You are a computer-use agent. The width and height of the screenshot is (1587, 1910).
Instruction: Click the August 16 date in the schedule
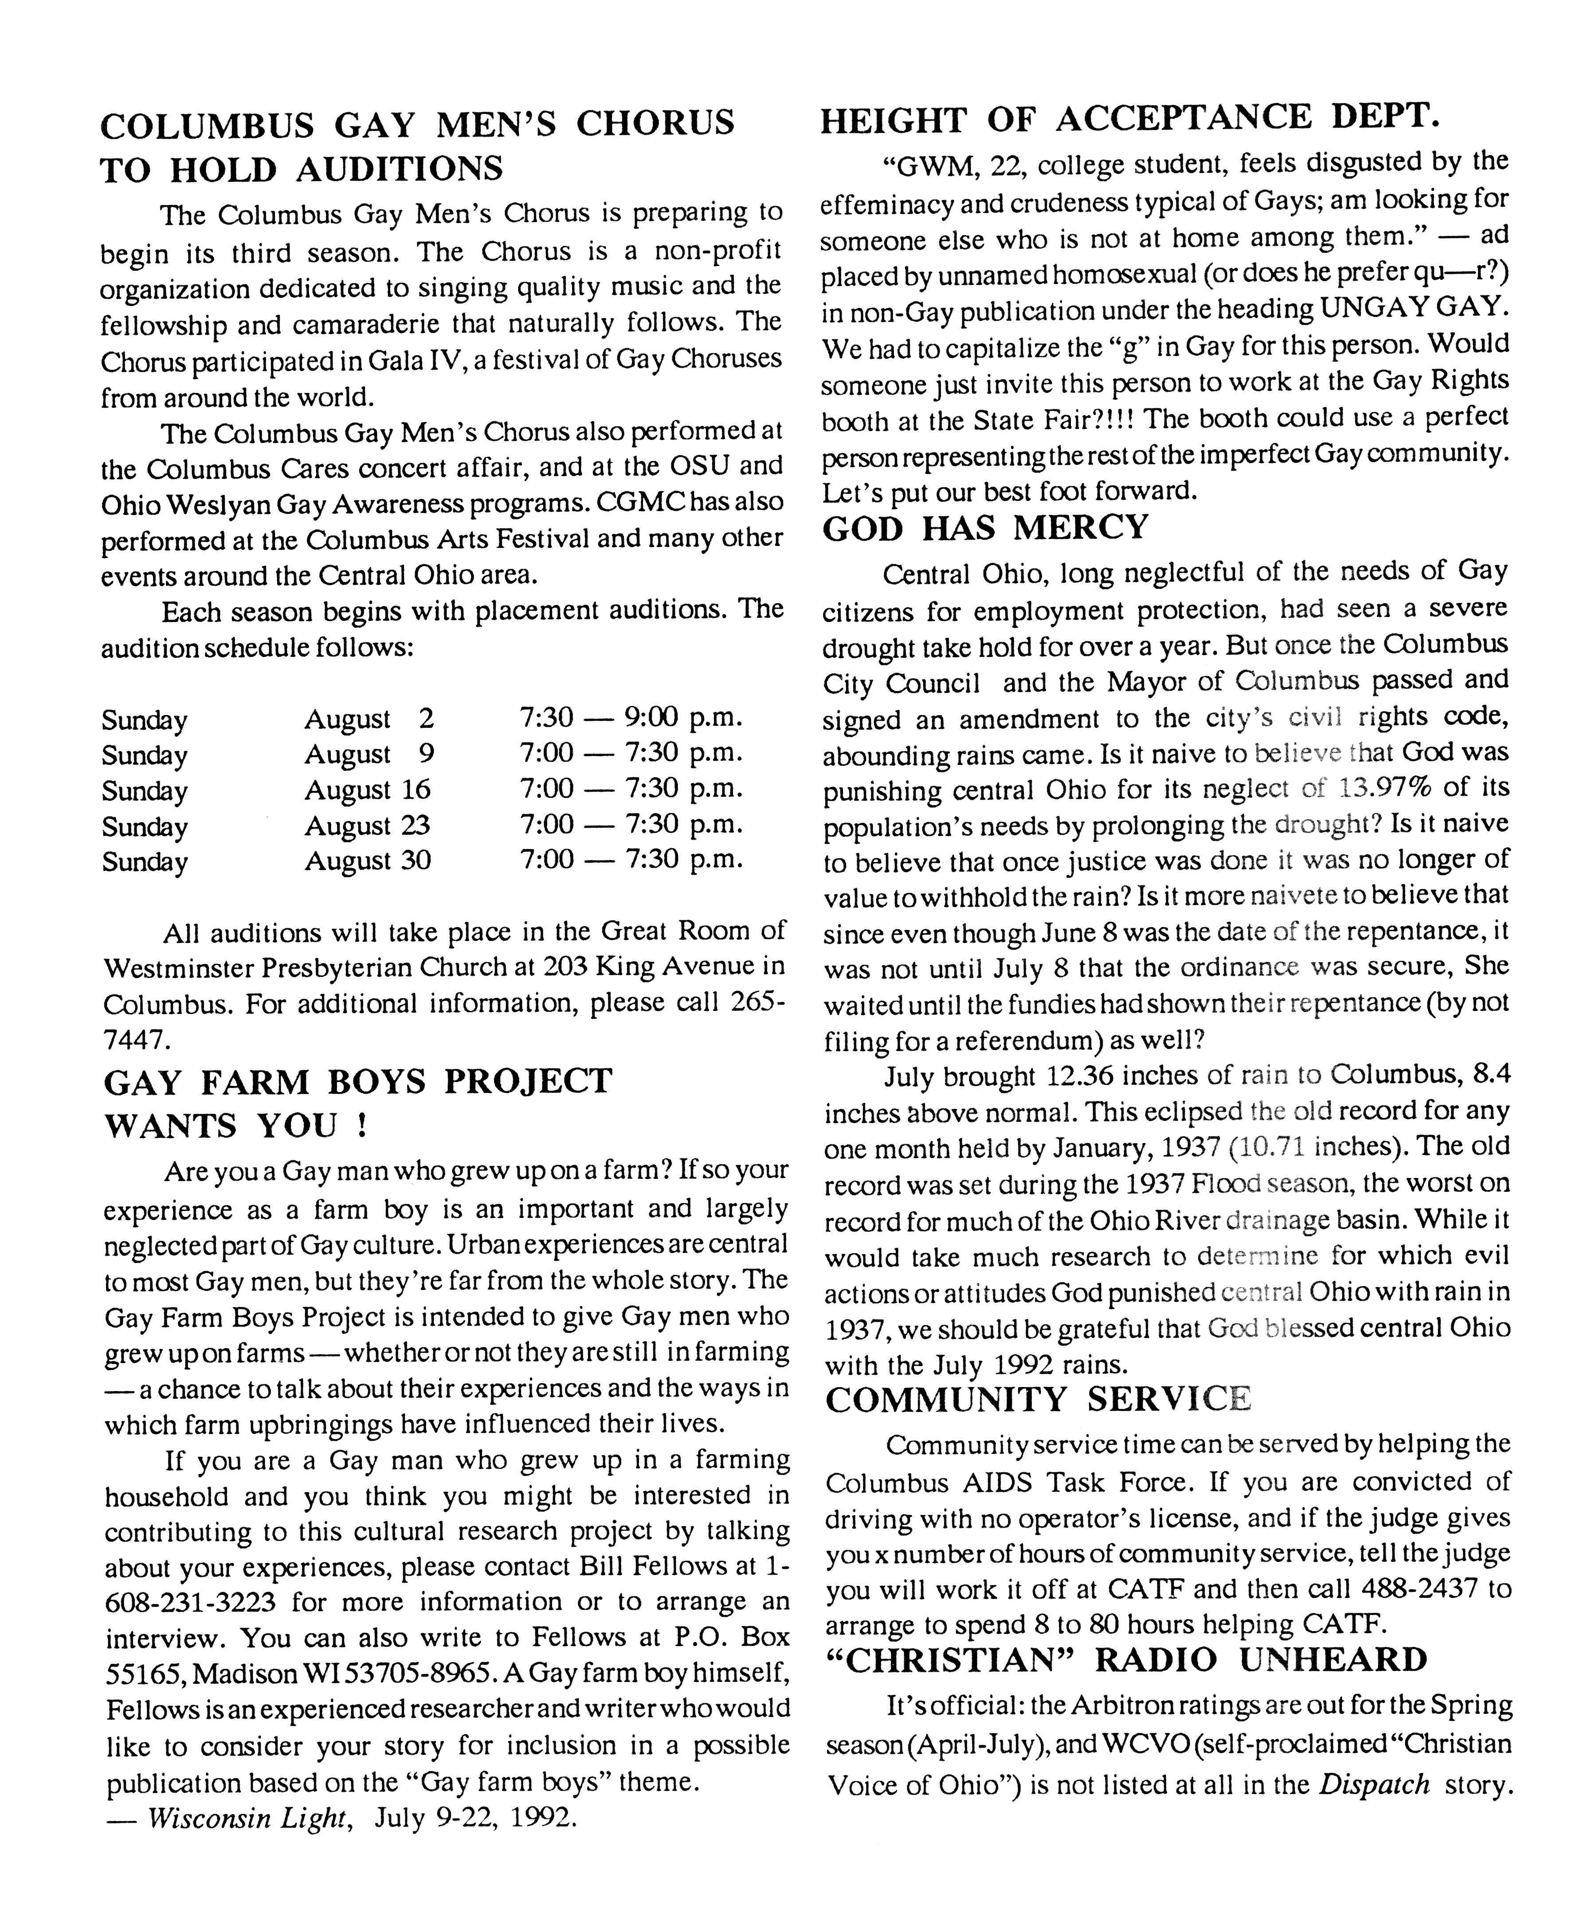point(368,790)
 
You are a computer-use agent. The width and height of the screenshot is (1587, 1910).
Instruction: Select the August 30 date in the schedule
point(368,861)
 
